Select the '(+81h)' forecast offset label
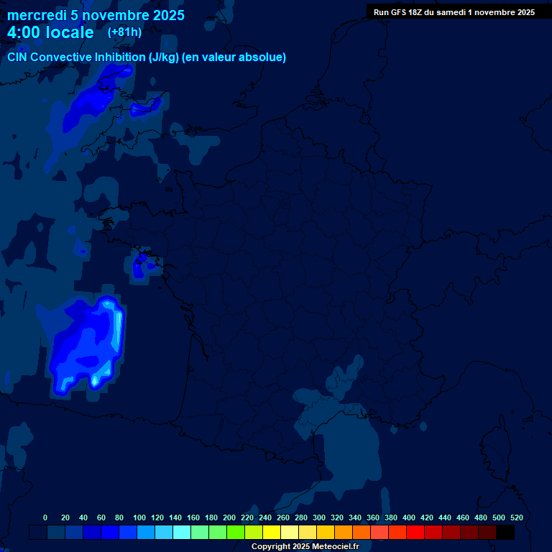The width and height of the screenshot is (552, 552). (124, 32)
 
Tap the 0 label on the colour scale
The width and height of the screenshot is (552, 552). (45, 517)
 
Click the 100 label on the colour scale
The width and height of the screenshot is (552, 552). (139, 517)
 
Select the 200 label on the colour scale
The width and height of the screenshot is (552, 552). (229, 517)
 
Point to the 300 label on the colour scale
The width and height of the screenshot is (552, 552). (319, 517)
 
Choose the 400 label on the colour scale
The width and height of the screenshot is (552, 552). (409, 517)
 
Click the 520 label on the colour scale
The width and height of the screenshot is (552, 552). (517, 517)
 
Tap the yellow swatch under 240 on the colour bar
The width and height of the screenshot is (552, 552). (272, 532)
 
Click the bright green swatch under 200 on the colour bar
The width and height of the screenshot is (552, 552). (236, 532)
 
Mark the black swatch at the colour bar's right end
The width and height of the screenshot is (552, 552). (505, 532)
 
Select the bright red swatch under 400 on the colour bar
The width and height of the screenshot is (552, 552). (415, 532)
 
